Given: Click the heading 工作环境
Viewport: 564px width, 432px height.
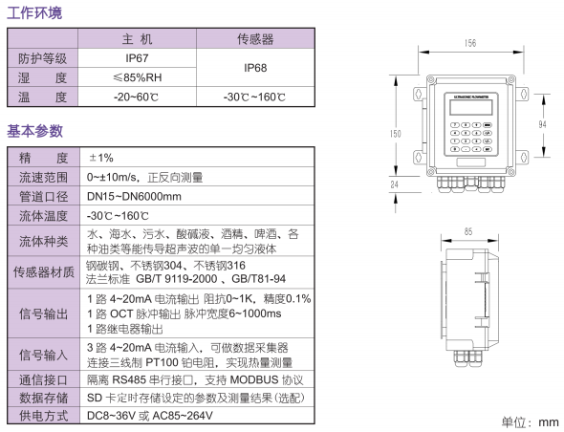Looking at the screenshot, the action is click(x=34, y=13).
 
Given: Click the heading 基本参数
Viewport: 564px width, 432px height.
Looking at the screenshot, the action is click(x=34, y=131).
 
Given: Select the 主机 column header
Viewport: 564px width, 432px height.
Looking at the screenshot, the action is click(x=137, y=39).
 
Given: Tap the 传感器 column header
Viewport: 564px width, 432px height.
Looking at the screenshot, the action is click(x=255, y=39).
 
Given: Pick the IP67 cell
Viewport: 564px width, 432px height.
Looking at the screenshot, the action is click(x=137, y=58).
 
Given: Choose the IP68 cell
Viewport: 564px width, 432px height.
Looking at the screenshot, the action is click(x=255, y=68).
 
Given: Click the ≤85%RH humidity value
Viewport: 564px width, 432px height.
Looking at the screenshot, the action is click(x=138, y=77).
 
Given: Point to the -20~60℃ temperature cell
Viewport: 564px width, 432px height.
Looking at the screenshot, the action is click(x=136, y=97).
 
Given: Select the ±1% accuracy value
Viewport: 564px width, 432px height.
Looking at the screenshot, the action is click(x=101, y=158).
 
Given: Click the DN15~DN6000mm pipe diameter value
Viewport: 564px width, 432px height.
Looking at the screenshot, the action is click(x=134, y=196).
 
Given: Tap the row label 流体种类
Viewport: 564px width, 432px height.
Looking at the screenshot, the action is click(x=43, y=241).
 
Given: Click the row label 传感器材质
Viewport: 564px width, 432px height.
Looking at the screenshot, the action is click(x=44, y=272).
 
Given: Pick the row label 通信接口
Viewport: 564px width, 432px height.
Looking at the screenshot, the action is click(x=43, y=379).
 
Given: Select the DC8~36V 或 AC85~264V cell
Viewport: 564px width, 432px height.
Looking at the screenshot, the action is click(x=150, y=416).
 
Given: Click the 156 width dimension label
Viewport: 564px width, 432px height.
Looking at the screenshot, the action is click(x=470, y=43).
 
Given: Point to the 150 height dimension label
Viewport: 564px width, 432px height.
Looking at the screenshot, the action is click(x=396, y=134).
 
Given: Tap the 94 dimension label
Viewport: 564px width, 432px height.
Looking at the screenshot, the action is click(x=542, y=124).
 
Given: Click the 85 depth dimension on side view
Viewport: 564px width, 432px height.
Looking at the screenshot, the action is click(x=468, y=231).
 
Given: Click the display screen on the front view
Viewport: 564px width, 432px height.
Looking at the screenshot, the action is click(x=471, y=107).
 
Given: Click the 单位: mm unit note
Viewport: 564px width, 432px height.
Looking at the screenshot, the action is click(x=531, y=421).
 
